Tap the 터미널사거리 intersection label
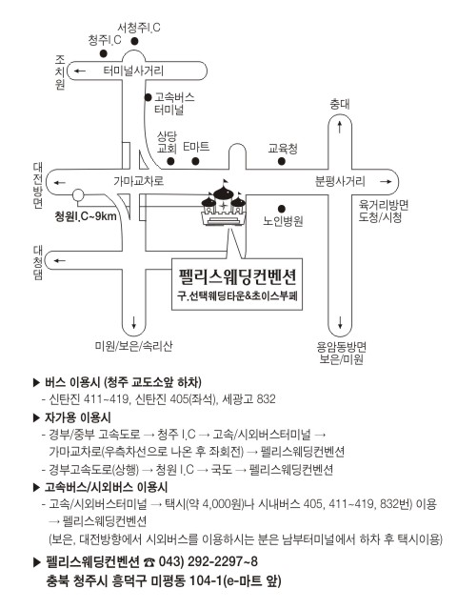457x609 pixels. pos(133,71)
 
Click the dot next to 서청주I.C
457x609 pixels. pos(134,41)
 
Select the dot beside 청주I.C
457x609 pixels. pos(103,53)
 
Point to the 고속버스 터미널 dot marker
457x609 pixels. pos(148,97)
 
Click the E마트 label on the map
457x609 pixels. pos(196,147)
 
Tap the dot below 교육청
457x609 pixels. pos(282,161)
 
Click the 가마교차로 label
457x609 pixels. pos(138,181)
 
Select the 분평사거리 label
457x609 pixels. pos(340,181)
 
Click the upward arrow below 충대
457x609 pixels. pos(340,127)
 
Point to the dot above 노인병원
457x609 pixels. pos(282,209)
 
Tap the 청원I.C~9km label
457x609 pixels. pos(86,216)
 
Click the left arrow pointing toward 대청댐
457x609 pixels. pos(59,260)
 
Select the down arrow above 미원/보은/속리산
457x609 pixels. pos(134,322)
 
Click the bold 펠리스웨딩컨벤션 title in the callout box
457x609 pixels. pos(237,276)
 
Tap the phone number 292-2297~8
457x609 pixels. pos(222,561)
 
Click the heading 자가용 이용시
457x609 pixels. pos(77,417)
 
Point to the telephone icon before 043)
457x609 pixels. pos(149,562)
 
